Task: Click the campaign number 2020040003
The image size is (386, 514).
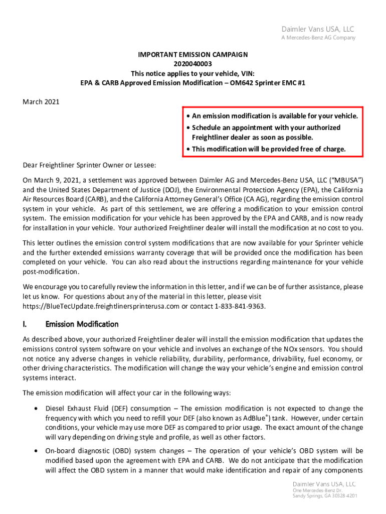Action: pos(193,64)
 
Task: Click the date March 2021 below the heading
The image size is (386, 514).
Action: pos(41,102)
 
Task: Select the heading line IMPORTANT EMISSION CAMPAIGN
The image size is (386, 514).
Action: pos(193,54)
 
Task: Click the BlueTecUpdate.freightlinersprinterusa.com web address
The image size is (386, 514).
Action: pos(101,306)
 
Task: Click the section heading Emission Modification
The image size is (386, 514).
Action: pos(82,324)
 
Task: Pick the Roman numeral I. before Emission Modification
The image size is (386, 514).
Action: pos(25,324)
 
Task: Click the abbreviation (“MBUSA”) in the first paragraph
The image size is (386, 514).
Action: pos(346,180)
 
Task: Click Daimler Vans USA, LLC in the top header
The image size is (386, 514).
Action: pos(318,30)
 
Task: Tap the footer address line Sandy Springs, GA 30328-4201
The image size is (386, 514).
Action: pos(325,496)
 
